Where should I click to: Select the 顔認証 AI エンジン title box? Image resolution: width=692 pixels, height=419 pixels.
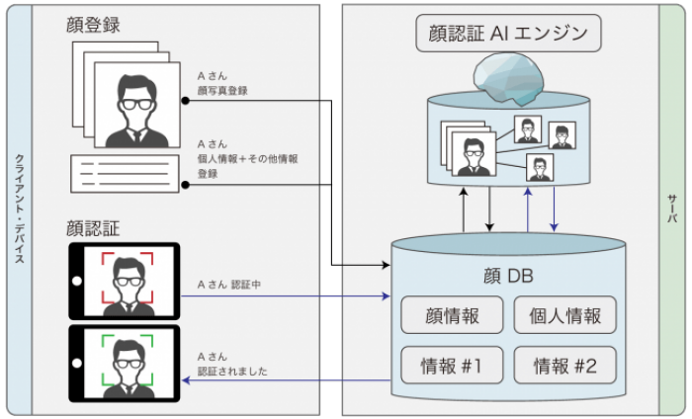pyautogui.click(x=508, y=35)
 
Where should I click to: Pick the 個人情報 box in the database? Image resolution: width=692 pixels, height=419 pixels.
pyautogui.click(x=564, y=316)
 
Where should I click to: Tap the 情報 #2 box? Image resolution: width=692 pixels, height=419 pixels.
pyautogui.click(x=564, y=366)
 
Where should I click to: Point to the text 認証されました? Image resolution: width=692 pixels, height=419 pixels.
pyautogui.click(x=232, y=372)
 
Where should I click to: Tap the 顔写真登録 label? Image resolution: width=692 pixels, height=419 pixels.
pyautogui.click(x=222, y=90)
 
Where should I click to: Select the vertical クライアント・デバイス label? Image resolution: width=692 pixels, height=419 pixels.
pyautogui.click(x=19, y=209)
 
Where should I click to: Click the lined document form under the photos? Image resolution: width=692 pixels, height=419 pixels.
pyautogui.click(x=124, y=173)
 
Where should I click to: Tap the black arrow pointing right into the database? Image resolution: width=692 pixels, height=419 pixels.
pyautogui.click(x=366, y=265)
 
